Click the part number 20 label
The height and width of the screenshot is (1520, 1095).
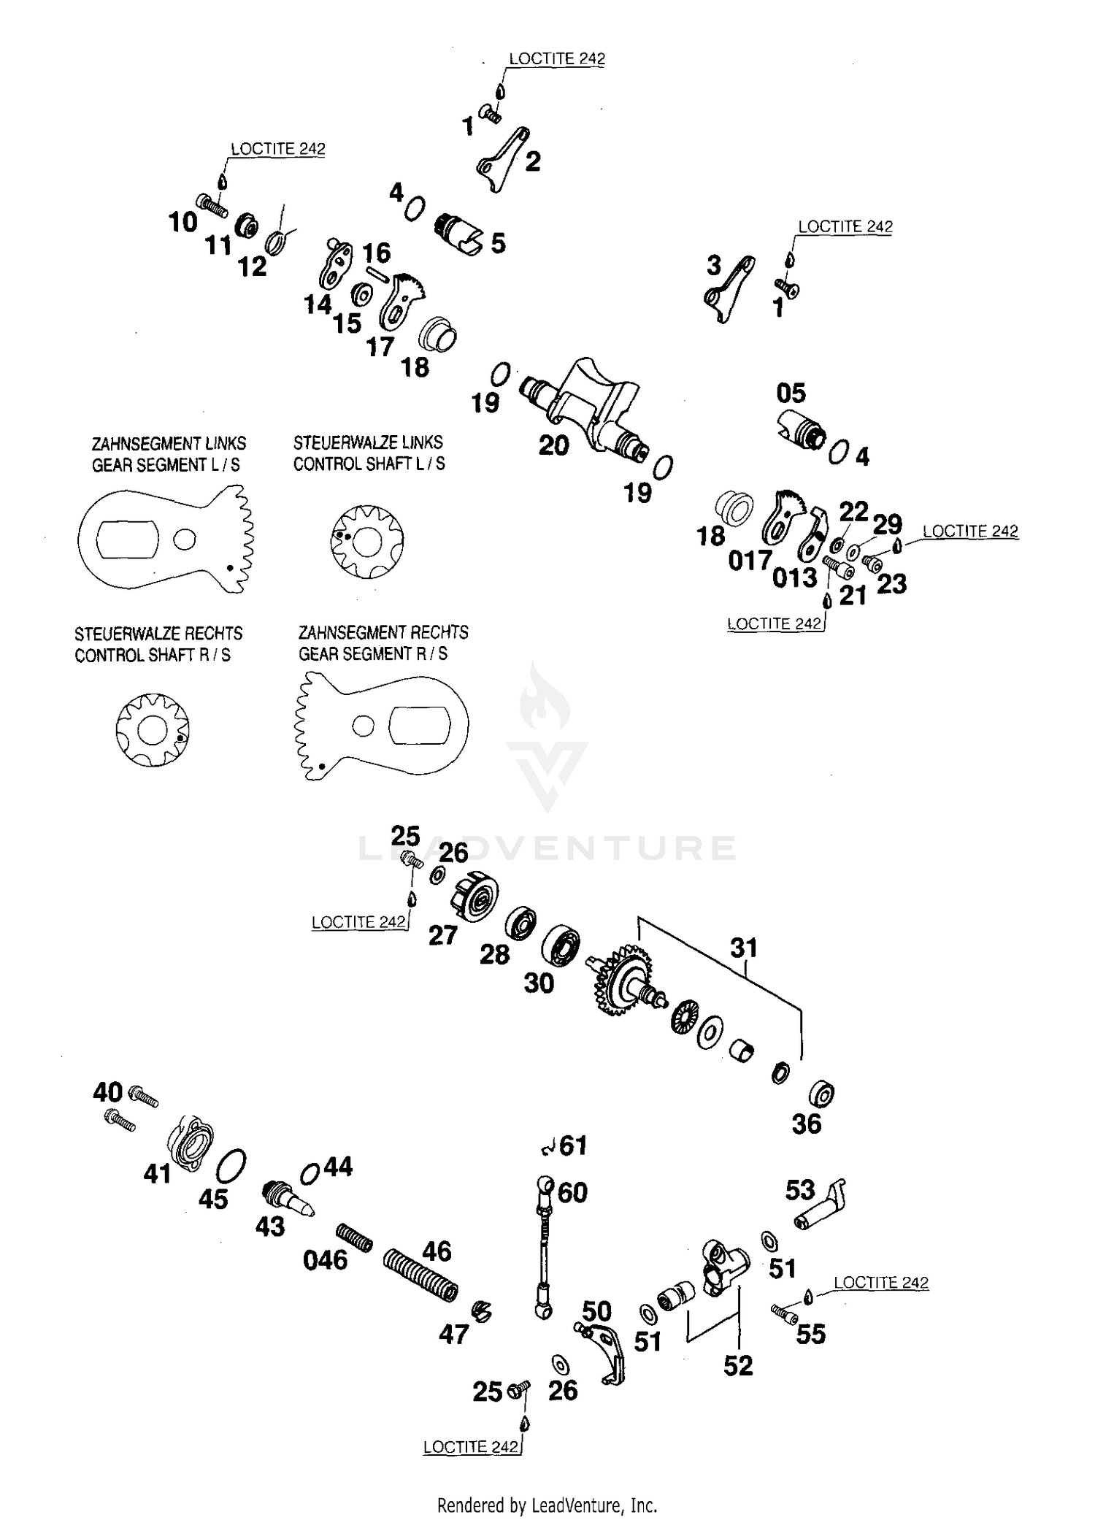[553, 445]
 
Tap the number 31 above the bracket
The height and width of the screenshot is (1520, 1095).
[744, 948]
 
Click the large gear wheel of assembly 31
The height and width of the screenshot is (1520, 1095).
[621, 980]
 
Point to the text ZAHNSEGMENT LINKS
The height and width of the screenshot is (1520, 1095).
[169, 444]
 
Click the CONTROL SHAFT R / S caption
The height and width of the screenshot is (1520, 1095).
[152, 655]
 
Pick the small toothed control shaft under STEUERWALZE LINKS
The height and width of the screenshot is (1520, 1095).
[366, 541]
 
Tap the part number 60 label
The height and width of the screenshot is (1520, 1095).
[572, 1193]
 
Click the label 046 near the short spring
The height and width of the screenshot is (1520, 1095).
[325, 1260]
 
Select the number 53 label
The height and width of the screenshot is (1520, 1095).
[800, 1190]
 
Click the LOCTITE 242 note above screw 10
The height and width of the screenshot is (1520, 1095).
[277, 148]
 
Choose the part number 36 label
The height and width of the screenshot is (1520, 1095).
[807, 1124]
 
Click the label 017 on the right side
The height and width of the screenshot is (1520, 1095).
[750, 561]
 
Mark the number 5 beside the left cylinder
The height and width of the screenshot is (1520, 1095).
[498, 243]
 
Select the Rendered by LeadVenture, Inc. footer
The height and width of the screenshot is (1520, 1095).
[547, 1505]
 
